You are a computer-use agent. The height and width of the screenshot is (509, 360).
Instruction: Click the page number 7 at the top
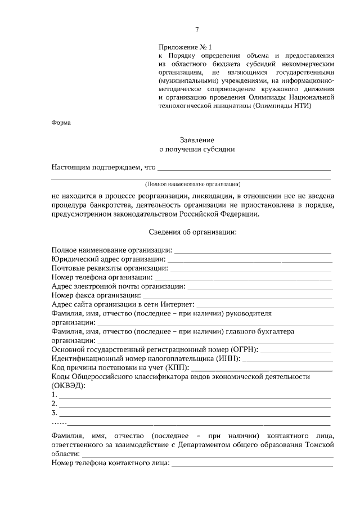pyautogui.click(x=197, y=30)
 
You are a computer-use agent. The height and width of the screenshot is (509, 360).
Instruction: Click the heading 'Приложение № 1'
pyautogui.click(x=186, y=48)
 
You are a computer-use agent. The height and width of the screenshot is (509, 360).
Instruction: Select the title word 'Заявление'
pyautogui.click(x=197, y=139)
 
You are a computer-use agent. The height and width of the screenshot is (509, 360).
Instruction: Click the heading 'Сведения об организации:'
pyautogui.click(x=193, y=232)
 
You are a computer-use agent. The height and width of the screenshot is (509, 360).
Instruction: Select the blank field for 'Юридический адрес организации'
pyautogui.click(x=250, y=260)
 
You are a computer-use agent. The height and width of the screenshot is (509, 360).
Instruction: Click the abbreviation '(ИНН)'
pyautogui.click(x=227, y=358)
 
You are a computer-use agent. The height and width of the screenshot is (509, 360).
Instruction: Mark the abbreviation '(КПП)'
pyautogui.click(x=176, y=367)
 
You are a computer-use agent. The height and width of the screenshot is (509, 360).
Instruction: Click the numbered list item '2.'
pyautogui.click(x=54, y=404)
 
